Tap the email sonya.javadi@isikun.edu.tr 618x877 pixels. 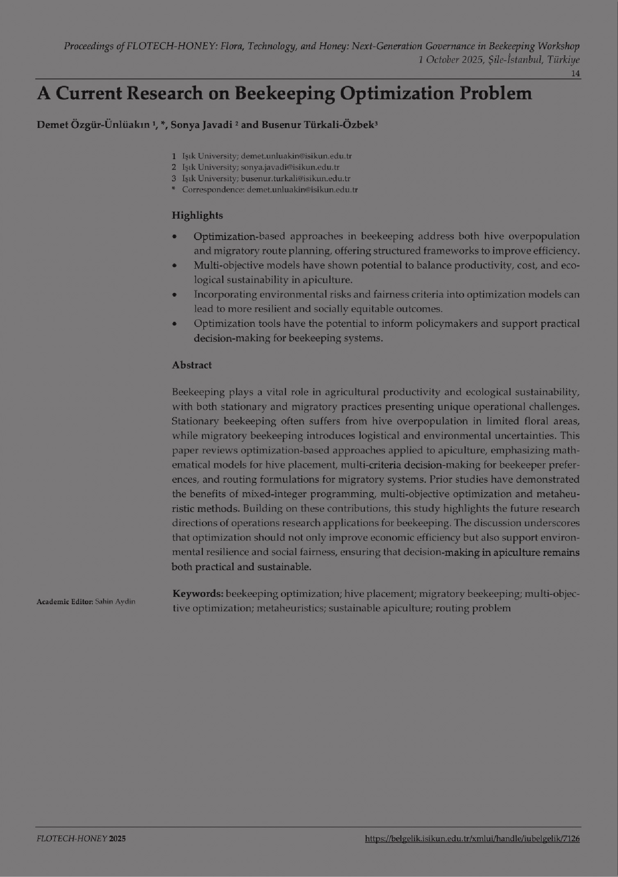click(x=290, y=167)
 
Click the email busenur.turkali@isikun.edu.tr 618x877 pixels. click(x=295, y=178)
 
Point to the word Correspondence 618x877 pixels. click(x=213, y=190)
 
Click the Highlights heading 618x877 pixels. click(x=197, y=215)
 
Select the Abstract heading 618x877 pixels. click(x=191, y=365)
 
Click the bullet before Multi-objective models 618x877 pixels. click(x=175, y=266)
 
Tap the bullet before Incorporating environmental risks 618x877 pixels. click(x=175, y=295)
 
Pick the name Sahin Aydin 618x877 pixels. click(x=115, y=602)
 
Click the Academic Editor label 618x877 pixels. click(x=65, y=602)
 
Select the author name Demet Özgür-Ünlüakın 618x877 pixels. click(x=93, y=125)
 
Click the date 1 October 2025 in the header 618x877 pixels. click(x=451, y=60)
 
